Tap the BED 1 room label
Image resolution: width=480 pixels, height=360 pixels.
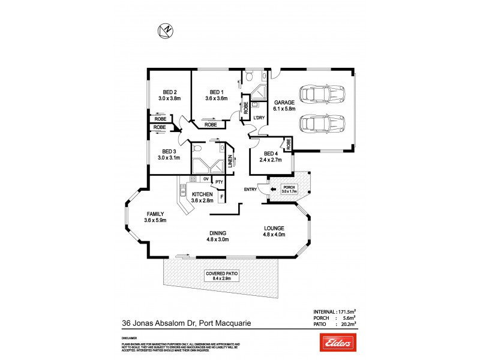216,91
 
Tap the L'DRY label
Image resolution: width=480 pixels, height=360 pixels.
259,118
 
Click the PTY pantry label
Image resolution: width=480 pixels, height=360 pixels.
219,182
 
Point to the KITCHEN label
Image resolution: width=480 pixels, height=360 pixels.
202,194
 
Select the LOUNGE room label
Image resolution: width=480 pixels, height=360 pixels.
273,227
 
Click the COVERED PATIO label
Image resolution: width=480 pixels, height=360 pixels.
222,273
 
